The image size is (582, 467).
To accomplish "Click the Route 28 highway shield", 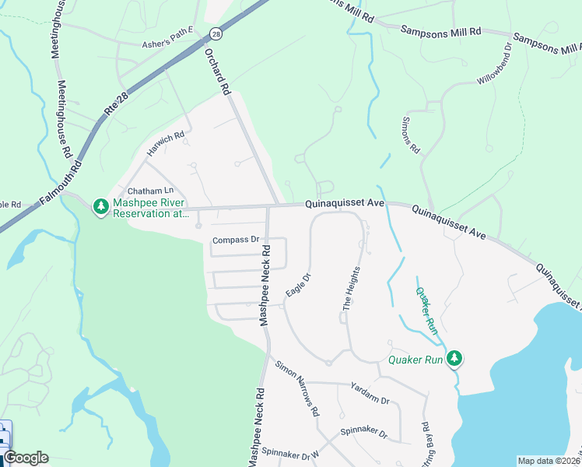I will pyautogui.click(x=216, y=33).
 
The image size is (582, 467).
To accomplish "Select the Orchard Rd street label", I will pyautogui.click(x=219, y=73).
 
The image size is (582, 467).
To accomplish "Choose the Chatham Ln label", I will pyautogui.click(x=149, y=191).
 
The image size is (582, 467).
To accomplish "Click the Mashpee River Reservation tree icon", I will pyautogui.click(x=100, y=207).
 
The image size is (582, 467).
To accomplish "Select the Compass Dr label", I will pyautogui.click(x=235, y=240).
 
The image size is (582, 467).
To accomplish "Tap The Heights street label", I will pyautogui.click(x=352, y=289).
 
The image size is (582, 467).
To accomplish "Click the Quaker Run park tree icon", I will pyautogui.click(x=455, y=359).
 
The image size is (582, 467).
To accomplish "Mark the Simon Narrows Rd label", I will pyautogui.click(x=296, y=391).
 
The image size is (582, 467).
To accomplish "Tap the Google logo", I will pyautogui.click(x=26, y=458).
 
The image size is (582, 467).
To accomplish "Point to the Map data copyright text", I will pyautogui.click(x=549, y=461).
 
